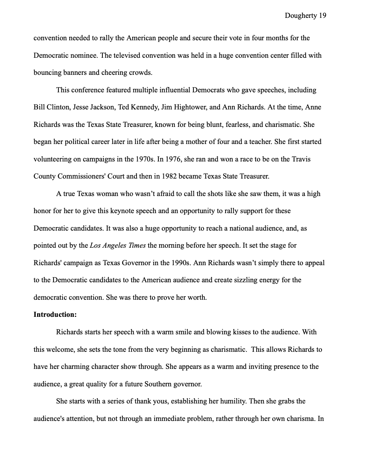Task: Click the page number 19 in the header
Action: [x=322, y=16]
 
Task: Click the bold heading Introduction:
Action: [x=55, y=315]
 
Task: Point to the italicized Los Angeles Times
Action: [x=118, y=245]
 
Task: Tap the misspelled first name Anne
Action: [x=313, y=107]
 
